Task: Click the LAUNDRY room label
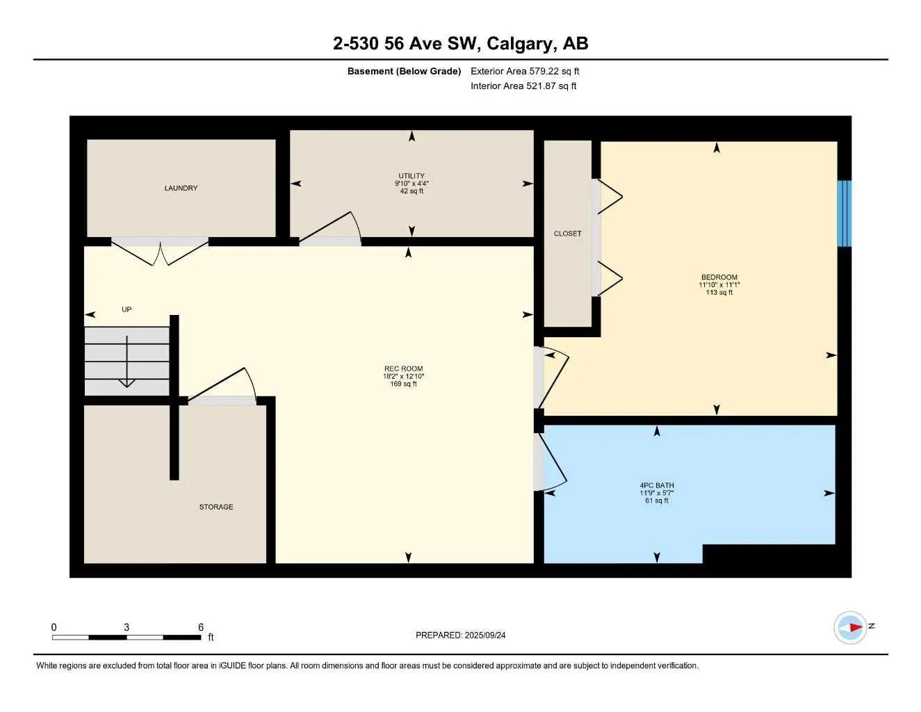[181, 188]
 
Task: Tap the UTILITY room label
[411, 176]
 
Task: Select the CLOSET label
[567, 234]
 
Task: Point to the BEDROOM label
[719, 277]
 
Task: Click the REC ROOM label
[403, 369]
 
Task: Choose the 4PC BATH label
[657, 485]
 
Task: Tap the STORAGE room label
[216, 507]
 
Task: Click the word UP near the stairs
[127, 309]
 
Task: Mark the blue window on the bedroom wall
[844, 213]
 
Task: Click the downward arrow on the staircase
[127, 362]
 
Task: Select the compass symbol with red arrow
[850, 627]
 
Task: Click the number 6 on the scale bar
[201, 627]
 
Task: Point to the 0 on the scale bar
[54, 627]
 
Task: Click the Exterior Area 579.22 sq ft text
[525, 71]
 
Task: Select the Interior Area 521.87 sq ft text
[523, 86]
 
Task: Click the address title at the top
[460, 43]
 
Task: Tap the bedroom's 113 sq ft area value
[719, 293]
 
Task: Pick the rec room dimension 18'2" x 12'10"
[403, 376]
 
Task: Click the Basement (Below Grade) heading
[404, 71]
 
